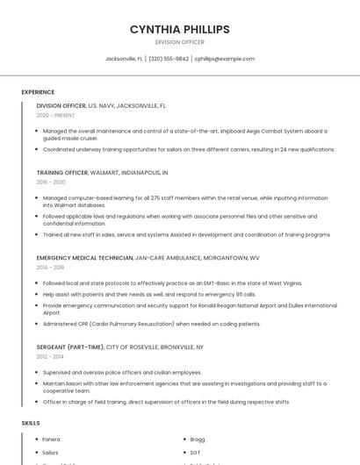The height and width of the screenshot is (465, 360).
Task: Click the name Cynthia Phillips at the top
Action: pos(179,29)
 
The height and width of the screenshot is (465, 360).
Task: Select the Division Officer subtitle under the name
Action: pos(179,42)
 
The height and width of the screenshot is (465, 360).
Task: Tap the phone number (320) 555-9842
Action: pos(169,59)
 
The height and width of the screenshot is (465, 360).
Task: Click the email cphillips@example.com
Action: pos(225,59)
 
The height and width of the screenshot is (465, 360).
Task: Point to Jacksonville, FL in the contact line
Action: pos(124,59)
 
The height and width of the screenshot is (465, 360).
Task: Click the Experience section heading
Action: pos(38,92)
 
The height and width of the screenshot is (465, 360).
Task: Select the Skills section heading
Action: pos(31,423)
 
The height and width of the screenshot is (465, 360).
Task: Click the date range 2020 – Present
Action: pos(55,115)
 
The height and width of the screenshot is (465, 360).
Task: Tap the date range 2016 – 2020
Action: pos(51,182)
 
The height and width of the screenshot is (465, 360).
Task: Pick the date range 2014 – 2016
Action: pos(51,268)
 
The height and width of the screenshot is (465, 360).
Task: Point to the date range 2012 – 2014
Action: pos(51,357)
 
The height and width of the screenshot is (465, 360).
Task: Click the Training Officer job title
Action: pos(62,173)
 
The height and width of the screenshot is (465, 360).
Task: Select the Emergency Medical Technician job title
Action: pos(84,258)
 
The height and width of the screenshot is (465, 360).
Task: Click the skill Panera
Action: pos(51,439)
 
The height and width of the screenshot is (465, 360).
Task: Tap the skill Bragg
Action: pos(198,439)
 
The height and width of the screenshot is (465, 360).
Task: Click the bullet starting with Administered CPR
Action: pos(151,324)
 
